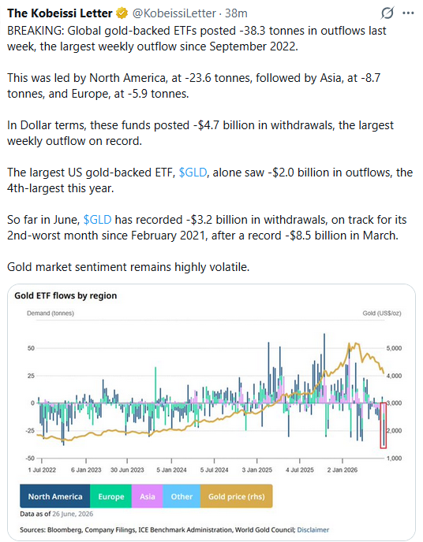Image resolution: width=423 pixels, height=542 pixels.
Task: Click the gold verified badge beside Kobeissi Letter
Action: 122,13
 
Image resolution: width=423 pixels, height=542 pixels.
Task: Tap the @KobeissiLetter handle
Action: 174,13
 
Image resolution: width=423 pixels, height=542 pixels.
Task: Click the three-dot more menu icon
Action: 408,13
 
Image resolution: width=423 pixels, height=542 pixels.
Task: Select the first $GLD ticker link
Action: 193,173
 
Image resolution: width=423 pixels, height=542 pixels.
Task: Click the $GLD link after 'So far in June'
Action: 98,220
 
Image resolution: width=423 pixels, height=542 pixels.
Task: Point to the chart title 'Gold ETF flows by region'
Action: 66,295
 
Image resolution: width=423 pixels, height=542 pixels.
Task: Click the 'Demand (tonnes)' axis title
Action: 51,314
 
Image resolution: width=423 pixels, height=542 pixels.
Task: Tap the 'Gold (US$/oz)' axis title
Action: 382,314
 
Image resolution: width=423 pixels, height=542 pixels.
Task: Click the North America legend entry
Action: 55,496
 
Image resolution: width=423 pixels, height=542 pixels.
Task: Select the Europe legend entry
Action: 110,496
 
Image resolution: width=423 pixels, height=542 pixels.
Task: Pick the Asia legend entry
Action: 147,496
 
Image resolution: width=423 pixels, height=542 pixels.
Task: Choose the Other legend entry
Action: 182,496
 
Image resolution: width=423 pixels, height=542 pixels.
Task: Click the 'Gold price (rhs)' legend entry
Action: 237,496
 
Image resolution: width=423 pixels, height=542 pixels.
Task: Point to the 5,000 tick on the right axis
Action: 395,348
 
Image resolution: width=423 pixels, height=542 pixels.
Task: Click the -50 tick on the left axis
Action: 31,458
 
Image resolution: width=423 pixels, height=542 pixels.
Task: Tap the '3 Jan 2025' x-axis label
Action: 256,470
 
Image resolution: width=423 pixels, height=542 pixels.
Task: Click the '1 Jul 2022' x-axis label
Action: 42,470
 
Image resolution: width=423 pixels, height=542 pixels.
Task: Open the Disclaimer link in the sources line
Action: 313,529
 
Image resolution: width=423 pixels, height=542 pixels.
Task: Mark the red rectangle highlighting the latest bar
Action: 380,425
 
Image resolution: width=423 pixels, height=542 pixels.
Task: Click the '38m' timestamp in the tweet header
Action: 236,13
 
